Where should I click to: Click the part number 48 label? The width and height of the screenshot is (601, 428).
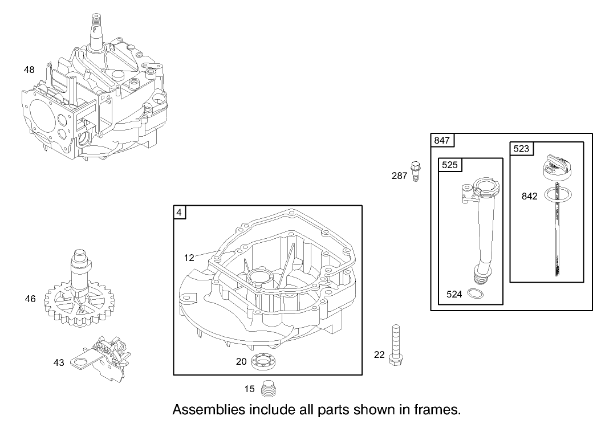pyautogui.click(x=29, y=70)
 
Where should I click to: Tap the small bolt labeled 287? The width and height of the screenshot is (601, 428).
pyautogui.click(x=416, y=170)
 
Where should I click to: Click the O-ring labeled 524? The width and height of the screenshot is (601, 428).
pyautogui.click(x=473, y=294)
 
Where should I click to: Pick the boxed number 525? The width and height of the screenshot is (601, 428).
pyautogui.click(x=450, y=165)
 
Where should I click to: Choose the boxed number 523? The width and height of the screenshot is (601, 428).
pyautogui.click(x=521, y=149)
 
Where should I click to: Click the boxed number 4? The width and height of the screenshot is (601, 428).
pyautogui.click(x=180, y=213)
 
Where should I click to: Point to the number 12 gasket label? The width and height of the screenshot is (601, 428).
pyautogui.click(x=189, y=258)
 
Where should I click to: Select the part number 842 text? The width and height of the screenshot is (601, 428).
pyautogui.click(x=529, y=196)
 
